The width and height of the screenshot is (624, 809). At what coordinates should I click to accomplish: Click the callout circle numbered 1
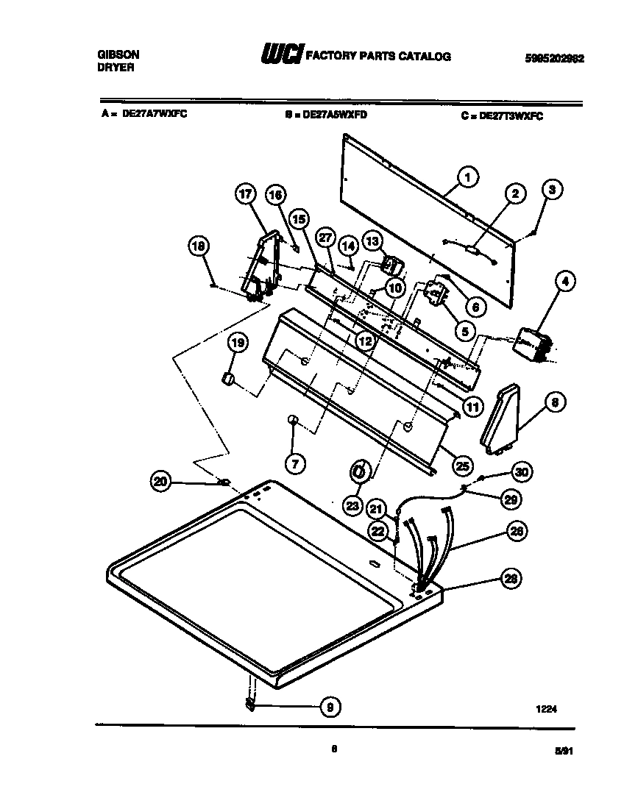(x=467, y=177)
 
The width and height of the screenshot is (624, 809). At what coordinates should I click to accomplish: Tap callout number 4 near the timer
(x=564, y=280)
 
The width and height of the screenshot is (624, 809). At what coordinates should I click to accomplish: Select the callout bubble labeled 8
(x=555, y=402)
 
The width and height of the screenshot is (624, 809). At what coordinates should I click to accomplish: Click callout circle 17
(x=245, y=194)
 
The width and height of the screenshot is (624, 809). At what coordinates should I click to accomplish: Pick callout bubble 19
(x=238, y=343)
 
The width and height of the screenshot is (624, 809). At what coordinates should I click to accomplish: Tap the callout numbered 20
(x=160, y=482)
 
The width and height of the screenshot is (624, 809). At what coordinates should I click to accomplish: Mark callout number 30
(x=520, y=471)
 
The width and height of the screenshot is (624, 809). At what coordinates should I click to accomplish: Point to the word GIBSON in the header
(x=118, y=54)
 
